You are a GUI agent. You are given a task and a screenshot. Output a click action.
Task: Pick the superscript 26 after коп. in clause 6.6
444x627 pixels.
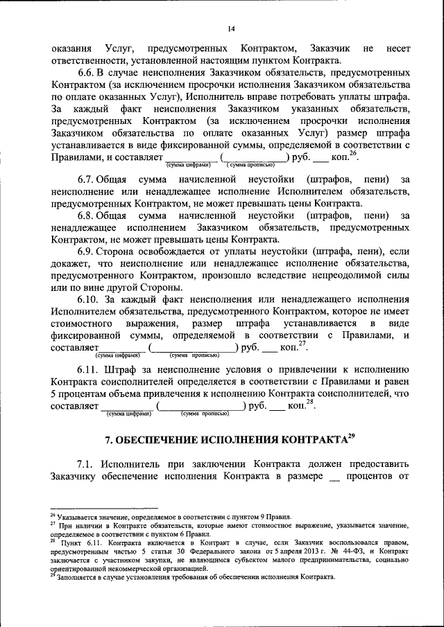354,154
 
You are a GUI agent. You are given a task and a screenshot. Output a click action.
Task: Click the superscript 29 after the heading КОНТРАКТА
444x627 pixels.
352,436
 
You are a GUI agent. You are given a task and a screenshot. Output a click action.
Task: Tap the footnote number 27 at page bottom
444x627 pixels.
53,526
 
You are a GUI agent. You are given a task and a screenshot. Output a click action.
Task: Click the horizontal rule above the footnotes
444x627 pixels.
104,509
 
